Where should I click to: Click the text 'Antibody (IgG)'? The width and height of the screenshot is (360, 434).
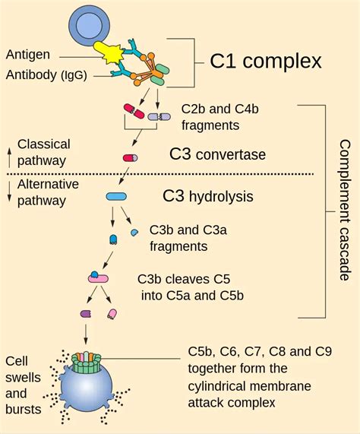click(45, 74)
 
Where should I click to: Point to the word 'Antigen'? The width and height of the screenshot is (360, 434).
click(28, 55)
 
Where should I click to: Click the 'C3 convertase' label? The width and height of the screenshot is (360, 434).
click(217, 156)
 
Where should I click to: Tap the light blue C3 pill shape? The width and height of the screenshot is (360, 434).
click(116, 196)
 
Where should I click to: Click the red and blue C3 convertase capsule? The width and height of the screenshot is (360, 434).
click(131, 158)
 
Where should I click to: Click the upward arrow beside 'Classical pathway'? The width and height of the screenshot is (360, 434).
click(8, 152)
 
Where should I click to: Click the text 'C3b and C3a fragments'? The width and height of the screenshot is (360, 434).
click(179, 237)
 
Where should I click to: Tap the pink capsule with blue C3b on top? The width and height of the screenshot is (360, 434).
click(99, 278)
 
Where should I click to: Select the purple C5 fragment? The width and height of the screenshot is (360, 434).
click(86, 313)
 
